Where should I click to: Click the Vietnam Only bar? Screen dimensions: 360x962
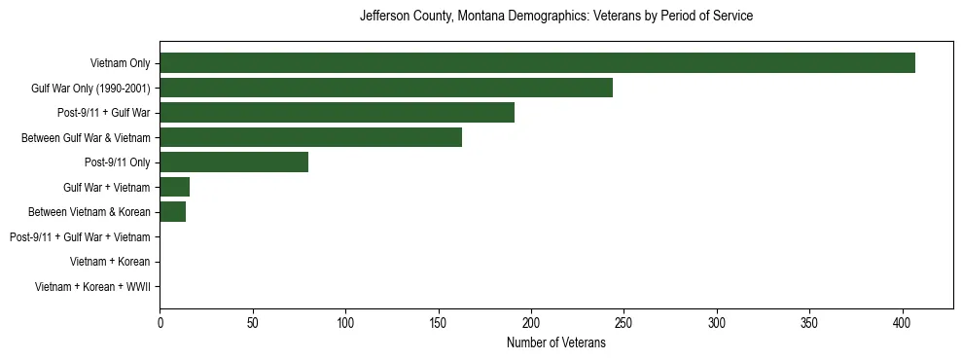pyautogui.click(x=537, y=63)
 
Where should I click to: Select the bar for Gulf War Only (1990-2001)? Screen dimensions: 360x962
pyautogui.click(x=386, y=88)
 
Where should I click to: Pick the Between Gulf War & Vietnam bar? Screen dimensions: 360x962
pyautogui.click(x=310, y=137)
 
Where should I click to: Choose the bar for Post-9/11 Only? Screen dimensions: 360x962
pyautogui.click(x=233, y=162)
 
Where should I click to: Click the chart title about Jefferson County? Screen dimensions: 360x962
pyautogui.click(x=555, y=17)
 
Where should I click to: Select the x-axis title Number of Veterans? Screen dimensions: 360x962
pyautogui.click(x=555, y=343)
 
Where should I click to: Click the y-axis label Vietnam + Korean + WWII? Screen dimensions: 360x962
pyautogui.click(x=92, y=287)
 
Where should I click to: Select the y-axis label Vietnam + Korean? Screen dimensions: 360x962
pyautogui.click(x=110, y=262)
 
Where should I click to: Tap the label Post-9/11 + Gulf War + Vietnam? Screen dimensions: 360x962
pyautogui.click(x=80, y=237)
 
